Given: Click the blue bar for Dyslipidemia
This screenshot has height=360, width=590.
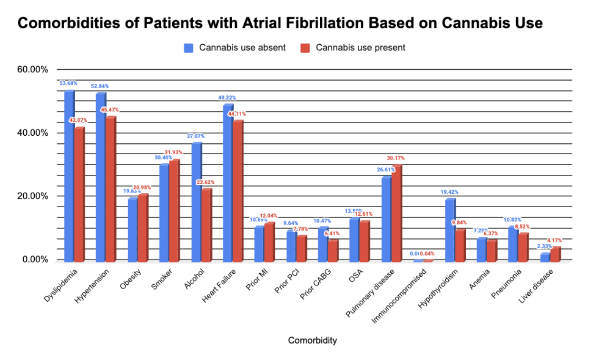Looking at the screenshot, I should tap(69, 176).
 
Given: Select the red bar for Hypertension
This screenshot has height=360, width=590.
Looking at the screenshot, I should tap(110, 190).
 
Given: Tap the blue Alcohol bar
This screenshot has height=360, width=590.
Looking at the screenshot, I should tap(196, 202).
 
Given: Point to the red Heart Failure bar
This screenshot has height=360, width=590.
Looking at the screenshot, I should tap(237, 190).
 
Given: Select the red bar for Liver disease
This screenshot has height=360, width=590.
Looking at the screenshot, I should tap(555, 254).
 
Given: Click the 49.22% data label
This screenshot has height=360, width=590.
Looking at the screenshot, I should tap(227, 98).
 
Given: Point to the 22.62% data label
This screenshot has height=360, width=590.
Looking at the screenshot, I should tap(206, 182).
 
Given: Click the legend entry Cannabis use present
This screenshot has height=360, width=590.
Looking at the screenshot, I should tap(354, 48).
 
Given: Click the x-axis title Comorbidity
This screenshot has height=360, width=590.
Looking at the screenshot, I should tap(312, 340).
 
